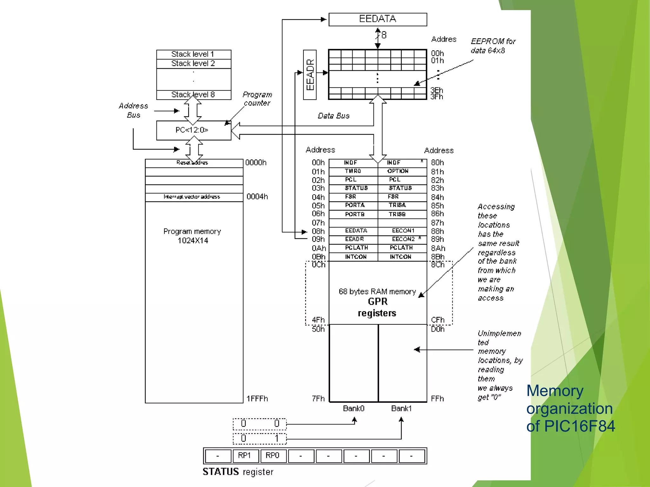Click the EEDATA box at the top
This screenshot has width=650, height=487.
point(377,19)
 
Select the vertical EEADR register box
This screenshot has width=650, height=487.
point(310,75)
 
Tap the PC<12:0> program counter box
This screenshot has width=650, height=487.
point(193,130)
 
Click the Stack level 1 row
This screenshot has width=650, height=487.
point(193,54)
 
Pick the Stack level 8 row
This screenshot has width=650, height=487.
point(193,95)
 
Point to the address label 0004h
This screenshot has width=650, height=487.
point(257,197)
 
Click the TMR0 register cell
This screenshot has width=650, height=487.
point(353,171)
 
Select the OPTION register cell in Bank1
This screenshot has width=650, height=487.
point(398,171)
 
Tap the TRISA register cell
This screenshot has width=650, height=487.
point(397,205)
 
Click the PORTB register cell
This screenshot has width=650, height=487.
point(355,214)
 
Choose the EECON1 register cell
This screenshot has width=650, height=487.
point(403,231)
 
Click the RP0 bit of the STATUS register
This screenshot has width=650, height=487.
point(273,456)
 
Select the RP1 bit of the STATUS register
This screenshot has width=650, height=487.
point(245,456)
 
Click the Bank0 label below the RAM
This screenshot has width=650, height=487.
point(354,409)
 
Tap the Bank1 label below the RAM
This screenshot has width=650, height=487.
point(401,409)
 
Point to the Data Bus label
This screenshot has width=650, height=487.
point(334,116)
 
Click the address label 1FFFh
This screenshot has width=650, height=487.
point(257,399)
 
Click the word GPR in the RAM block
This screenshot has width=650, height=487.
point(378,302)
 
